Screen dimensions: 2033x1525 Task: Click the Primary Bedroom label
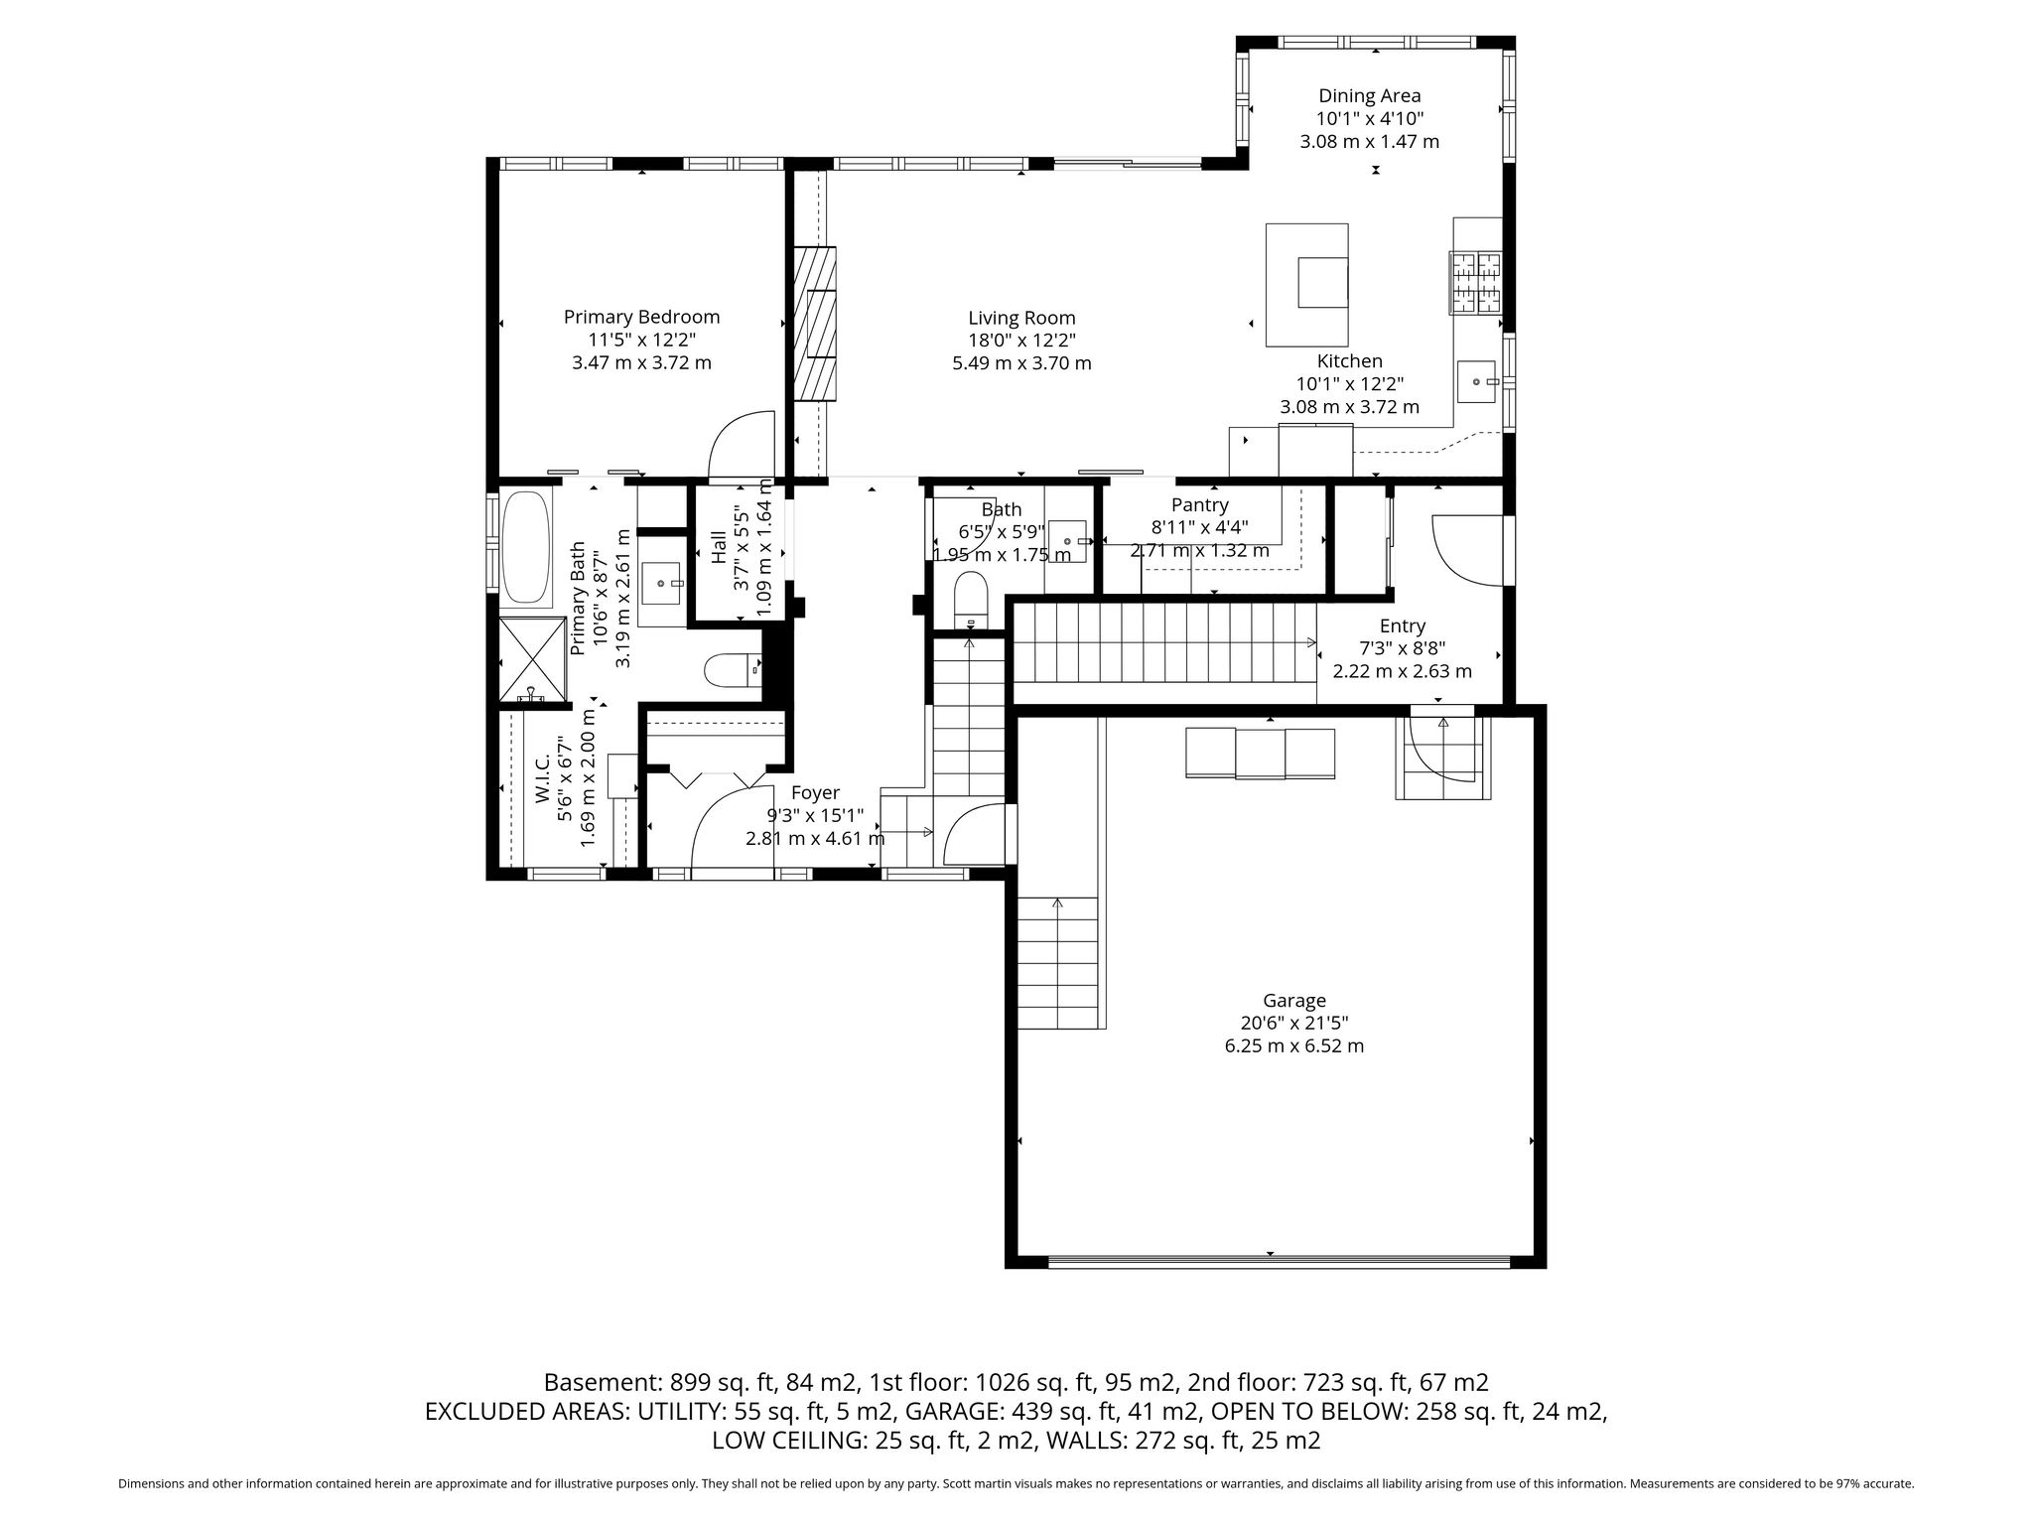coord(641,317)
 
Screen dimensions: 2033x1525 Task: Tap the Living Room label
coord(1021,318)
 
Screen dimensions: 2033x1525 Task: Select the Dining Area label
coord(1369,95)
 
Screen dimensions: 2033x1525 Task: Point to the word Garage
coord(1294,1001)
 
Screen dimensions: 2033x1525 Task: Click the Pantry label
coord(1199,505)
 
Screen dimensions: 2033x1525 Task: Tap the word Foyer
coord(815,793)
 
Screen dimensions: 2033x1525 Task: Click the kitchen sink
coord(1479,381)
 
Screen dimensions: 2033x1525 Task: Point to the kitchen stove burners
coord(1477,283)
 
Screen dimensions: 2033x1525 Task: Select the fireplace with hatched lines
coord(814,324)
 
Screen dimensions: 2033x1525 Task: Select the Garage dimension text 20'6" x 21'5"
coord(1294,1023)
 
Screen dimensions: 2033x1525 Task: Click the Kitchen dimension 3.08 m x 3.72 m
coord(1350,407)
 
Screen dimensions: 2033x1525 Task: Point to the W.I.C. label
coord(542,780)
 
